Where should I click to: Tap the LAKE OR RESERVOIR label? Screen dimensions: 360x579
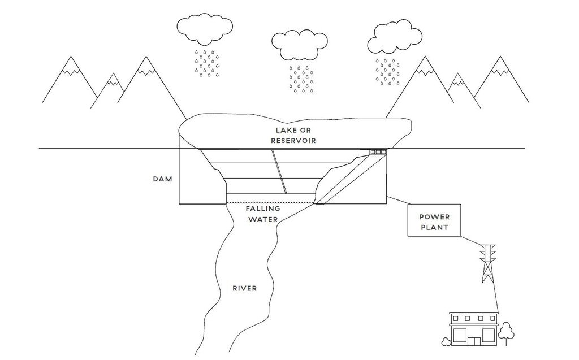point(292,135)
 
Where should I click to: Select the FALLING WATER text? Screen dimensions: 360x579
point(262,214)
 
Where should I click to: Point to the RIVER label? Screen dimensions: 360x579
point(245,288)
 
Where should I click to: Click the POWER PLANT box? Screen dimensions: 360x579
point(434,222)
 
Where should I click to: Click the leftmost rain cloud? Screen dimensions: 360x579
point(204,28)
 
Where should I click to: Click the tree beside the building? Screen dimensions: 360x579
point(506,332)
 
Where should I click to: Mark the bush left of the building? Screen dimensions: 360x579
point(446,341)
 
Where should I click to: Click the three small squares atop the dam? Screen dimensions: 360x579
point(378,152)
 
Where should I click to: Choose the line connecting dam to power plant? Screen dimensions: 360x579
point(397,200)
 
